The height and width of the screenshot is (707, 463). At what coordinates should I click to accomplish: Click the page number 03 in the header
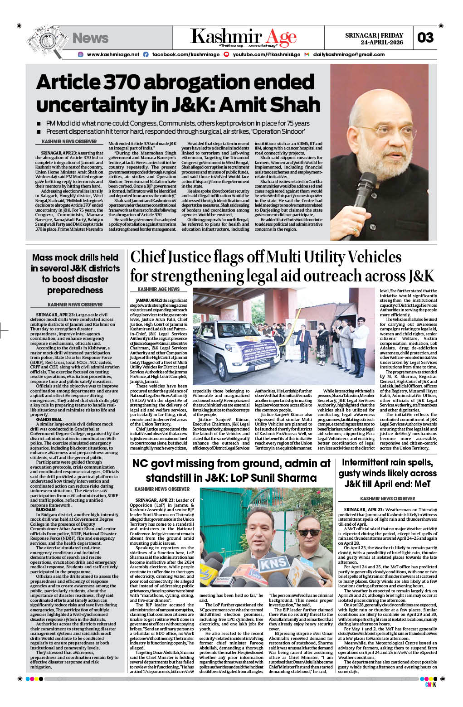pyautogui.click(x=425, y=38)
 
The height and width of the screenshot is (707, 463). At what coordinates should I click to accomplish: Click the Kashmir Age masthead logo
pyautogui.click(x=243, y=37)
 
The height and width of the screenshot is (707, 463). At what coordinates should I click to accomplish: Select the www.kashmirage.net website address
pyautogui.click(x=113, y=54)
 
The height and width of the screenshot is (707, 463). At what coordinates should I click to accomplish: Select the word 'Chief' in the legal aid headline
pyautogui.click(x=148, y=257)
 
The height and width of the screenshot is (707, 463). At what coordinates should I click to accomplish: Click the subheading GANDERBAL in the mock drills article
pyautogui.click(x=49, y=420)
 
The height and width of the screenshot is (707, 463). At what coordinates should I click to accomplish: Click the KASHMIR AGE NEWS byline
pyautogui.click(x=158, y=289)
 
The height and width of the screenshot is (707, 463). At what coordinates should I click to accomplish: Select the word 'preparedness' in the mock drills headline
pyautogui.click(x=75, y=290)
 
